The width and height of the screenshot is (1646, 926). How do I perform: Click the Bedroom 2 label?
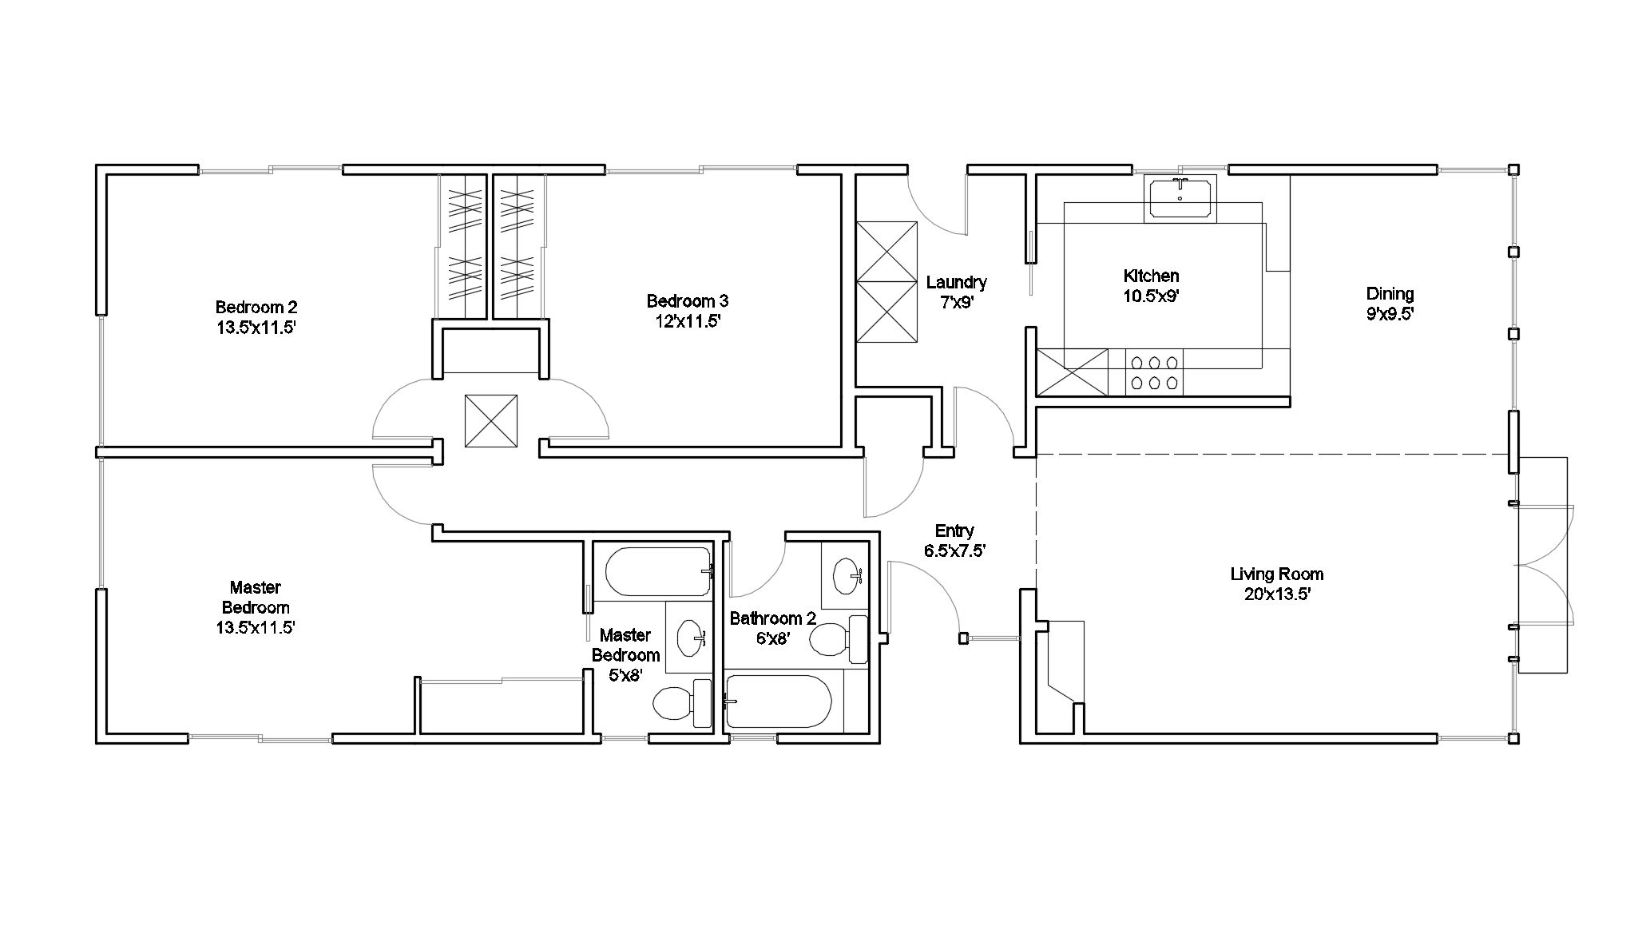pyautogui.click(x=256, y=307)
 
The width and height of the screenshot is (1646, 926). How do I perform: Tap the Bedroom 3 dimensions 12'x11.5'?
pyautogui.click(x=687, y=321)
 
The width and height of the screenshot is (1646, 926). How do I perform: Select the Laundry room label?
pyautogui.click(x=957, y=282)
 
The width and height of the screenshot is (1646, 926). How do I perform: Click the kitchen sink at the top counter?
pyautogui.click(x=1180, y=198)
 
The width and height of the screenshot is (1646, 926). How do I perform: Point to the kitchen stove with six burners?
pyautogui.click(x=1154, y=372)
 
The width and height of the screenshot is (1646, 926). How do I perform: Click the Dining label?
pyautogui.click(x=1390, y=293)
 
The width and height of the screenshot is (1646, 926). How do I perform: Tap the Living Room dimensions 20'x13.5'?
pyautogui.click(x=1276, y=594)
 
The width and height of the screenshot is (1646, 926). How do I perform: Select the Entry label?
pyautogui.click(x=954, y=531)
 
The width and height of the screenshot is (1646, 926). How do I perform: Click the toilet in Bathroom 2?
pyautogui.click(x=839, y=638)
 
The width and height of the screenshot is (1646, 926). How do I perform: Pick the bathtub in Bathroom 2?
pyautogui.click(x=779, y=701)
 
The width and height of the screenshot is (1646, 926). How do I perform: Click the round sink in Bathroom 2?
pyautogui.click(x=847, y=574)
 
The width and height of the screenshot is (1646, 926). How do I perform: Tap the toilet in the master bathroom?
pyautogui.click(x=683, y=703)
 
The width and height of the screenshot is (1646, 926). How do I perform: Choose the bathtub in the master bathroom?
pyautogui.click(x=658, y=572)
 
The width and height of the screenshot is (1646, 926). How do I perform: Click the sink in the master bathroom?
pyautogui.click(x=691, y=637)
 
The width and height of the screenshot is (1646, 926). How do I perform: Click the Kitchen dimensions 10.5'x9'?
pyautogui.click(x=1151, y=296)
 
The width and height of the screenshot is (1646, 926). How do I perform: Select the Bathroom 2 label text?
pyautogui.click(x=772, y=618)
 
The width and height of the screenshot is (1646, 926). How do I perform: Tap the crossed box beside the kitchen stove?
pyautogui.click(x=1073, y=372)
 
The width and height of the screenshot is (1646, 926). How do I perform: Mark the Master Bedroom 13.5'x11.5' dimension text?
pyautogui.click(x=256, y=627)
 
